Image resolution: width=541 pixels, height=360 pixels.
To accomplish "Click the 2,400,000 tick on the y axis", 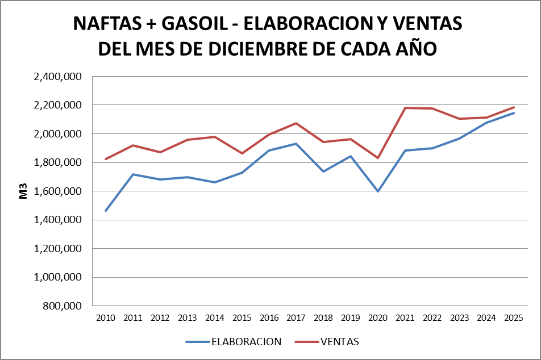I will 59,77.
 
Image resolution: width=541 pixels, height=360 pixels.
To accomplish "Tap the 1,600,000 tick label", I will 59,191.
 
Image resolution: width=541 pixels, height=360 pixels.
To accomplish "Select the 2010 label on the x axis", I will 106,317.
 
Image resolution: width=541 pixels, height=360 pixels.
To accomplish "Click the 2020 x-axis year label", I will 378,317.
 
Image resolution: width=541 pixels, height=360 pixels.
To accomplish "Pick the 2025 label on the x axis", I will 514,317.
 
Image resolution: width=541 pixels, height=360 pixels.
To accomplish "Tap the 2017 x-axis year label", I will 296,317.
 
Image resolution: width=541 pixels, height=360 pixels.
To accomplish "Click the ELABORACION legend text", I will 247,342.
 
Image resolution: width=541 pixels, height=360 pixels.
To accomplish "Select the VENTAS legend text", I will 340,342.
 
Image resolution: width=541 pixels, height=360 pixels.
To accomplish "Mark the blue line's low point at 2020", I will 378,191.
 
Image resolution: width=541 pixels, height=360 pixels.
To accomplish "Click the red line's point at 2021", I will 405,108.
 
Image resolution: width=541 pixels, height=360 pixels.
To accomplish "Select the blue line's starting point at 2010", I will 106,211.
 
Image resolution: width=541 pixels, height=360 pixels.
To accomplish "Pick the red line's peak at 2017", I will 296,123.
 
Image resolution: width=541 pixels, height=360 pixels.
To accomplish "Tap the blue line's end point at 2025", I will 514,112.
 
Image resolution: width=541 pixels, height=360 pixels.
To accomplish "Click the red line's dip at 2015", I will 242,153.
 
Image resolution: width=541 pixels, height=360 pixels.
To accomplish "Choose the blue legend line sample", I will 197,342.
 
